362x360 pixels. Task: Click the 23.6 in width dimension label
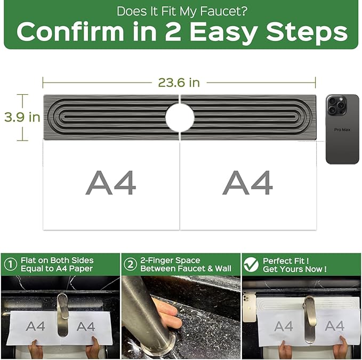pos(179,83)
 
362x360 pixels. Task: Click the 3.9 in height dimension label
pos(22,117)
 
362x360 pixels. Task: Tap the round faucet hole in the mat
pos(180,117)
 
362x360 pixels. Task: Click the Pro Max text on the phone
pos(342,130)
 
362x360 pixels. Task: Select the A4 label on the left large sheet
pos(111,183)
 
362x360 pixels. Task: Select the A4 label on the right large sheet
pos(247,183)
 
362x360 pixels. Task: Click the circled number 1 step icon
pos(10,264)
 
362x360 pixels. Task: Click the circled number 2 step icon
pos(131,264)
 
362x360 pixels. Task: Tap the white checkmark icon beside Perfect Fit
pos(251,265)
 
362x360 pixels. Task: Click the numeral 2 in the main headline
pos(173,31)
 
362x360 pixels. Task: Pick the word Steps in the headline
pos(307,32)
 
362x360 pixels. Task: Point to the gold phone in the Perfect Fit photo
pos(250,307)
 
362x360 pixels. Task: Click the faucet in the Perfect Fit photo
pos(309,319)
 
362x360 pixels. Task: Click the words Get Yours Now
pos(295,269)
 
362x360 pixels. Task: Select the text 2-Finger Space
pos(170,260)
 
